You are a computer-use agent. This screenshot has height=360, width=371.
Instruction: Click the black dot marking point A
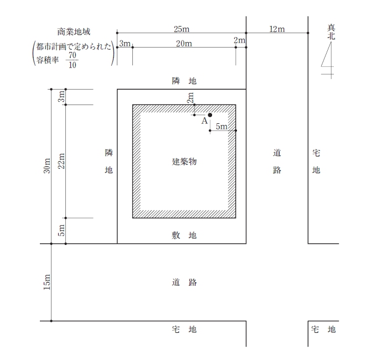pos(210,115)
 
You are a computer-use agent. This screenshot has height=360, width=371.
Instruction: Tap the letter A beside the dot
pos(204,121)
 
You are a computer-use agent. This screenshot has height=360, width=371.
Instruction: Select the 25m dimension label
pos(182,29)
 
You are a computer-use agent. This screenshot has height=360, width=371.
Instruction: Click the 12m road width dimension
pos(277,29)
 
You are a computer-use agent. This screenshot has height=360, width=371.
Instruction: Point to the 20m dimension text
pos(184,44)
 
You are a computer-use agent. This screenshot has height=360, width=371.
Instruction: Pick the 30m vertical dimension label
pos(47,165)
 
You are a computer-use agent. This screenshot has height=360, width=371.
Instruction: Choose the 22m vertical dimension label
pos(61,161)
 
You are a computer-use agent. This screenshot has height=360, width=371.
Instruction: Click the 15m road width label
pos(47,282)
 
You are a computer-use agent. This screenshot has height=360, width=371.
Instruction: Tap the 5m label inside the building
pos(221,127)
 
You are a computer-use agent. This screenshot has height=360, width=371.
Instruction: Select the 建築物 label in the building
pos(184,162)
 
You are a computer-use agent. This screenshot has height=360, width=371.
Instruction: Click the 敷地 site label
pos(184,235)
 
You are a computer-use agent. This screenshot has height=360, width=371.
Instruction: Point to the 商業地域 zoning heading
pos(74,32)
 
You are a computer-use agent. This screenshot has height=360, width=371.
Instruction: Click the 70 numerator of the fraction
pos(73,55)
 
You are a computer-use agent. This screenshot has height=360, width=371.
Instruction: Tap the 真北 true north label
pos(331,32)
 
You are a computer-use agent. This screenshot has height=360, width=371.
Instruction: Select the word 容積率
pos(47,60)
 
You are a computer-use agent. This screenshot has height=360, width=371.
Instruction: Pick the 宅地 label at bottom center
pos(184,329)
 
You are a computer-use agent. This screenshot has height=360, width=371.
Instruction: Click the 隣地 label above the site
pos(184,81)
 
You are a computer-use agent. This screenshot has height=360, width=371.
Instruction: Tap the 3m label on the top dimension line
pos(125,44)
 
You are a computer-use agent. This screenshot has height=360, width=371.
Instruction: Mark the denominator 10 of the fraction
pos(73,65)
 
